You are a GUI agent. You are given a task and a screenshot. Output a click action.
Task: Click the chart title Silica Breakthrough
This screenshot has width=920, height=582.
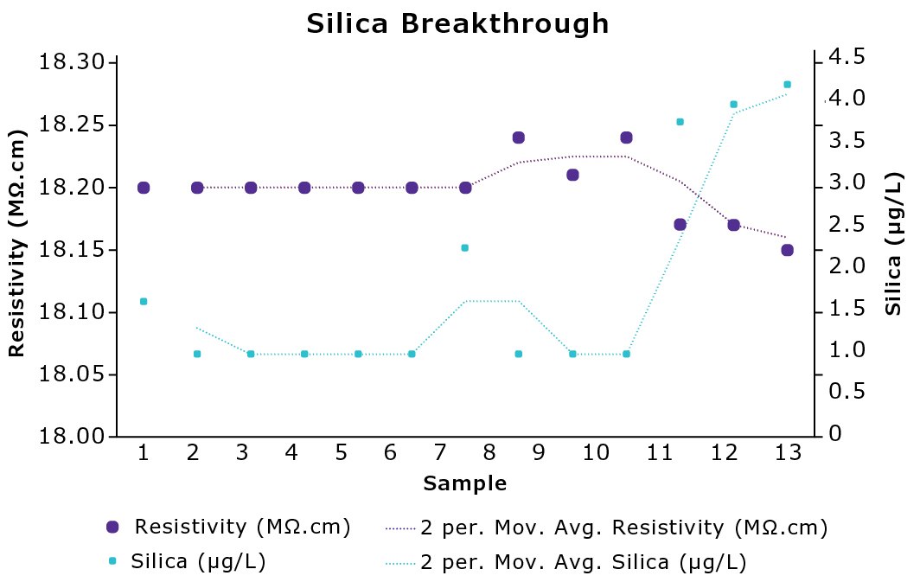pyautogui.click(x=458, y=24)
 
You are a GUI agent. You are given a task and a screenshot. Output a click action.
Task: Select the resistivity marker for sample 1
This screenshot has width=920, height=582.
pyautogui.click(x=144, y=188)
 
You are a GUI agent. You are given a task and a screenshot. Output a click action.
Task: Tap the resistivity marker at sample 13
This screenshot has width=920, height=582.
pyautogui.click(x=787, y=250)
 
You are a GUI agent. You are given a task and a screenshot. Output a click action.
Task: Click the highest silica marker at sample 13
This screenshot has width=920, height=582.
pyautogui.click(x=787, y=85)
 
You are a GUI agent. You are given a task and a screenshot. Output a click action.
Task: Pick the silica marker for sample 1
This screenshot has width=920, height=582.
pyautogui.click(x=144, y=301)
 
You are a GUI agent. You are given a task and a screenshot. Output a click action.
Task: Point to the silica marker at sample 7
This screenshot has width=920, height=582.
pyautogui.click(x=464, y=248)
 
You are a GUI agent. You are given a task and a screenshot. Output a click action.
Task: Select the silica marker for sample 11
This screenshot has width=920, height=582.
pyautogui.click(x=680, y=122)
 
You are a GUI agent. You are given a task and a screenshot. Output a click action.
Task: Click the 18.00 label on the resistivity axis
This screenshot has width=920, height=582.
pyautogui.click(x=73, y=437)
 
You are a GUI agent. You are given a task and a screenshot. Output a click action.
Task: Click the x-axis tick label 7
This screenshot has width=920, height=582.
pyautogui.click(x=440, y=452)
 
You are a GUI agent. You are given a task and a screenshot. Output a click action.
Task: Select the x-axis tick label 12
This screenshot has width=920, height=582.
pyautogui.click(x=737, y=452)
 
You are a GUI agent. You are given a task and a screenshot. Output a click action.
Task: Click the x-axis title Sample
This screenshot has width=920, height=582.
pyautogui.click(x=464, y=483)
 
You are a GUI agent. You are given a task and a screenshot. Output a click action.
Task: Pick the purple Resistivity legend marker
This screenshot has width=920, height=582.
pyautogui.click(x=112, y=528)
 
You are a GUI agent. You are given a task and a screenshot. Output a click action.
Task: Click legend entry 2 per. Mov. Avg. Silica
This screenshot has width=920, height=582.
pyautogui.click(x=583, y=563)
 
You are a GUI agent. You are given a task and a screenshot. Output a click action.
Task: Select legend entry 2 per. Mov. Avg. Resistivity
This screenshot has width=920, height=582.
pyautogui.click(x=623, y=528)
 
